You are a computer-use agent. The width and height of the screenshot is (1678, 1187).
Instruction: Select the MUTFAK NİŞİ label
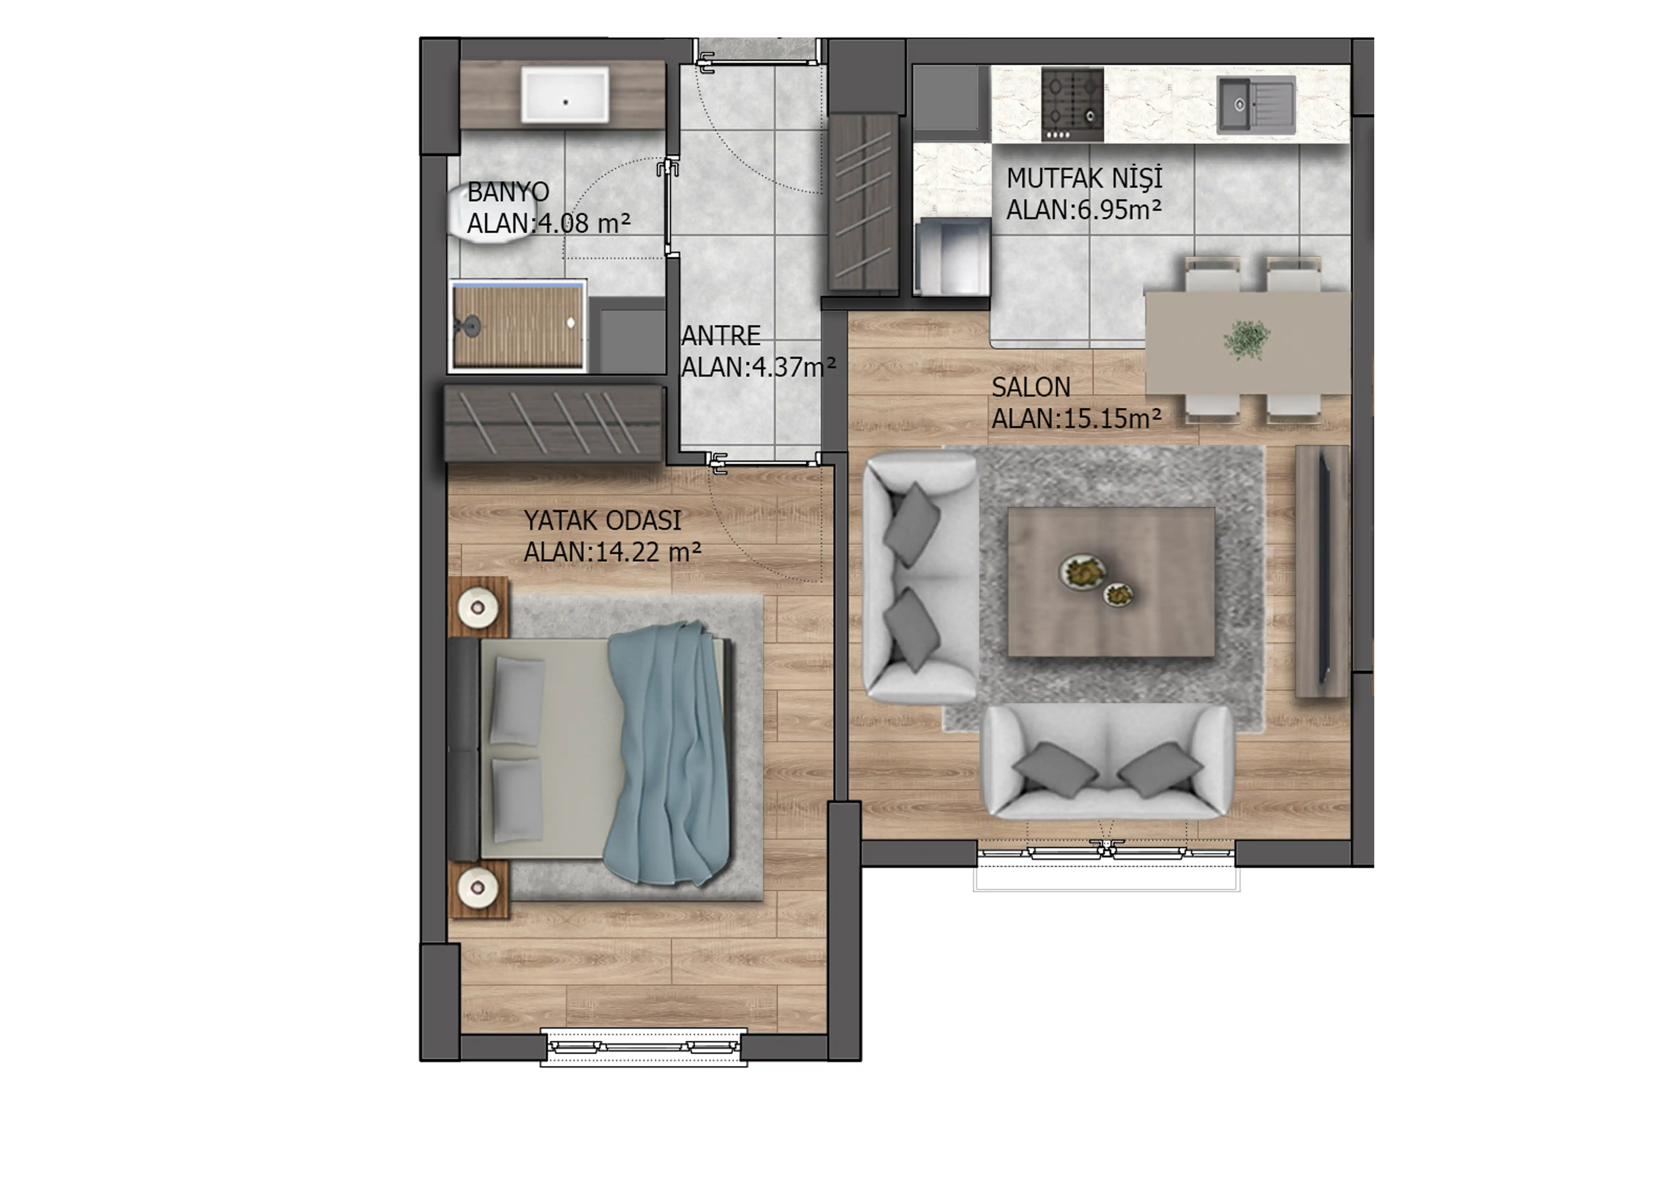(1084, 178)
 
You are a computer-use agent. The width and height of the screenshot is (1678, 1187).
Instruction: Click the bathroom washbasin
(564, 95)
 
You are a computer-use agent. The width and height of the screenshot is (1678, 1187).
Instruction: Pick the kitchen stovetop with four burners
(1072, 105)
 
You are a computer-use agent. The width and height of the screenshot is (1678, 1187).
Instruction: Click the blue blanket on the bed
(669, 753)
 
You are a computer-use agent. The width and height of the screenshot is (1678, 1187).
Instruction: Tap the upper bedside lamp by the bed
(478, 607)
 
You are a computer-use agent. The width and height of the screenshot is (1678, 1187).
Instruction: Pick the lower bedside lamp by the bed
(478, 888)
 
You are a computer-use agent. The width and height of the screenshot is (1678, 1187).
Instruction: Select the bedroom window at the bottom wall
(643, 1047)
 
